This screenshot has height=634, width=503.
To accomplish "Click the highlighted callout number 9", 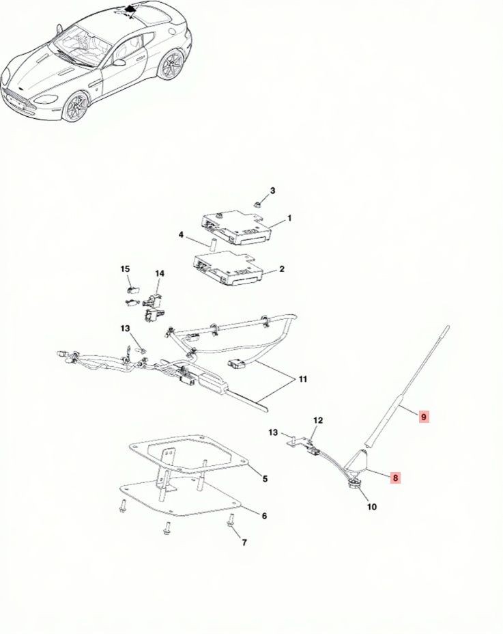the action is (x=423, y=417).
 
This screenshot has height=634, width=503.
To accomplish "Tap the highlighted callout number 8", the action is (x=395, y=478).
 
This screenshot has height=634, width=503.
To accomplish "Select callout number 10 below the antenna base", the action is (x=372, y=507).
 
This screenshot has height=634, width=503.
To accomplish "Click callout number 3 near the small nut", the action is (x=273, y=191).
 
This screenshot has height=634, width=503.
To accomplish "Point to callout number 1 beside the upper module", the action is (x=289, y=219).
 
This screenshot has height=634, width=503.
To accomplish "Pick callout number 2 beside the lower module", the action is (x=282, y=269).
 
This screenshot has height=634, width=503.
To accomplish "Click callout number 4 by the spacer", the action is (x=181, y=234).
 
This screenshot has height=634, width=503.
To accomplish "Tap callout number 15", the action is (x=126, y=269).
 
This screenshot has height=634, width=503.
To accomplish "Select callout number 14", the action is (x=160, y=274).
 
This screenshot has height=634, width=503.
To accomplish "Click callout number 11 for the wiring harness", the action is (x=302, y=379).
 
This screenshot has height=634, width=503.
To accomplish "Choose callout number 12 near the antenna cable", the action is (x=318, y=420).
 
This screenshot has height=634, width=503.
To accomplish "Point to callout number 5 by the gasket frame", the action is (x=265, y=479).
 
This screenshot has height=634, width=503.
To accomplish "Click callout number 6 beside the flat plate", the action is (x=264, y=516).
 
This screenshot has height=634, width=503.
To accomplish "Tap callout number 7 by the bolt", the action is (x=244, y=542).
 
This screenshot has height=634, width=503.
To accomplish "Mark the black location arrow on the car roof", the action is (x=130, y=8).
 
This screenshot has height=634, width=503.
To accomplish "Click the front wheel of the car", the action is (x=76, y=106).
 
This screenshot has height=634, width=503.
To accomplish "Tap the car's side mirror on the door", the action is (x=119, y=62).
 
